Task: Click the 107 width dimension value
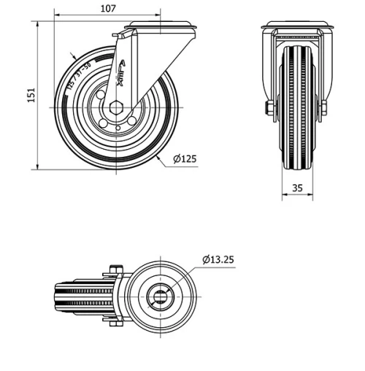point(108,9)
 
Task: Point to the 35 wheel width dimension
point(297,188)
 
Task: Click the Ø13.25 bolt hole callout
point(218,259)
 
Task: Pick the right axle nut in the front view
point(323,108)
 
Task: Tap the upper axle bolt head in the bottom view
point(115,269)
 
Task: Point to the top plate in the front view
point(297,30)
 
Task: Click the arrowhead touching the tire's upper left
point(73,58)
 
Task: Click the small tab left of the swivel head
point(117,35)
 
